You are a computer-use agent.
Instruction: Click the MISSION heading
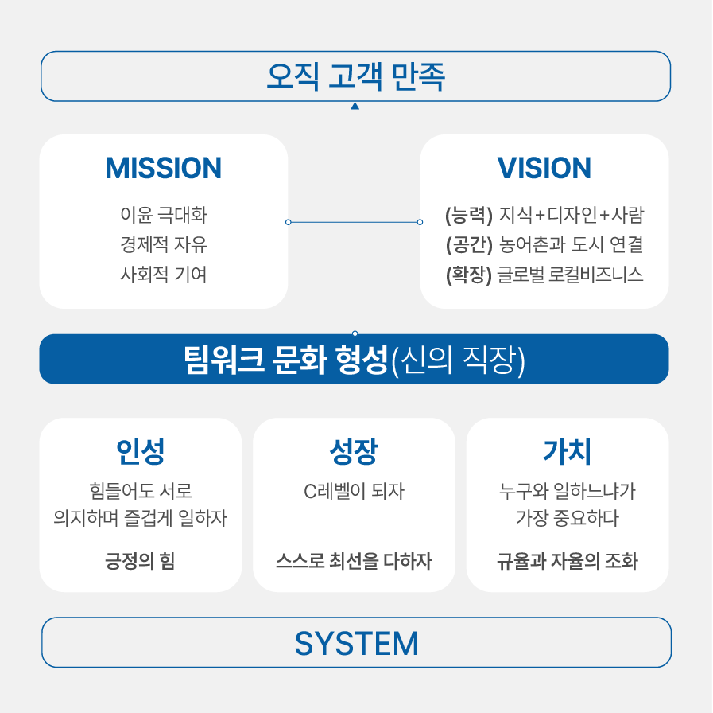click(163, 168)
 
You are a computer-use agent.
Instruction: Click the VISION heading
click(544, 168)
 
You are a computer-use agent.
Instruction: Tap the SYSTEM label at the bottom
click(356, 643)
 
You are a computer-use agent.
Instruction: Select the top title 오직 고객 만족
click(355, 76)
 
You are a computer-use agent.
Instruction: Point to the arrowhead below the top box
click(355, 106)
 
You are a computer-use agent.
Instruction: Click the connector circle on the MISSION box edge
click(289, 222)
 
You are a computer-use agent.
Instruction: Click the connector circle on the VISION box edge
click(420, 222)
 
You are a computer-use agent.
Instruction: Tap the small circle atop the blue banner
click(355, 333)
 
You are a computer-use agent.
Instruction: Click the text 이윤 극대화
click(164, 214)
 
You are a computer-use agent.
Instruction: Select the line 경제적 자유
click(164, 244)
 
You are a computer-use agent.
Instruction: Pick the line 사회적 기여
click(164, 275)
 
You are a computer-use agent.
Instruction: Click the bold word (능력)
click(469, 215)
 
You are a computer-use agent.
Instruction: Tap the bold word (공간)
click(469, 245)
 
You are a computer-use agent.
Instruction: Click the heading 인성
click(141, 451)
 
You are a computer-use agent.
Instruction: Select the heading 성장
click(354, 451)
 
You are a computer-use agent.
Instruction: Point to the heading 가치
click(568, 451)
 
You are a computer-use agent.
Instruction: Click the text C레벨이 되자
click(354, 491)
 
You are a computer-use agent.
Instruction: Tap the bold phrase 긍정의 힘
click(140, 561)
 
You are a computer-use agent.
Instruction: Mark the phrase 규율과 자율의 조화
click(568, 561)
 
